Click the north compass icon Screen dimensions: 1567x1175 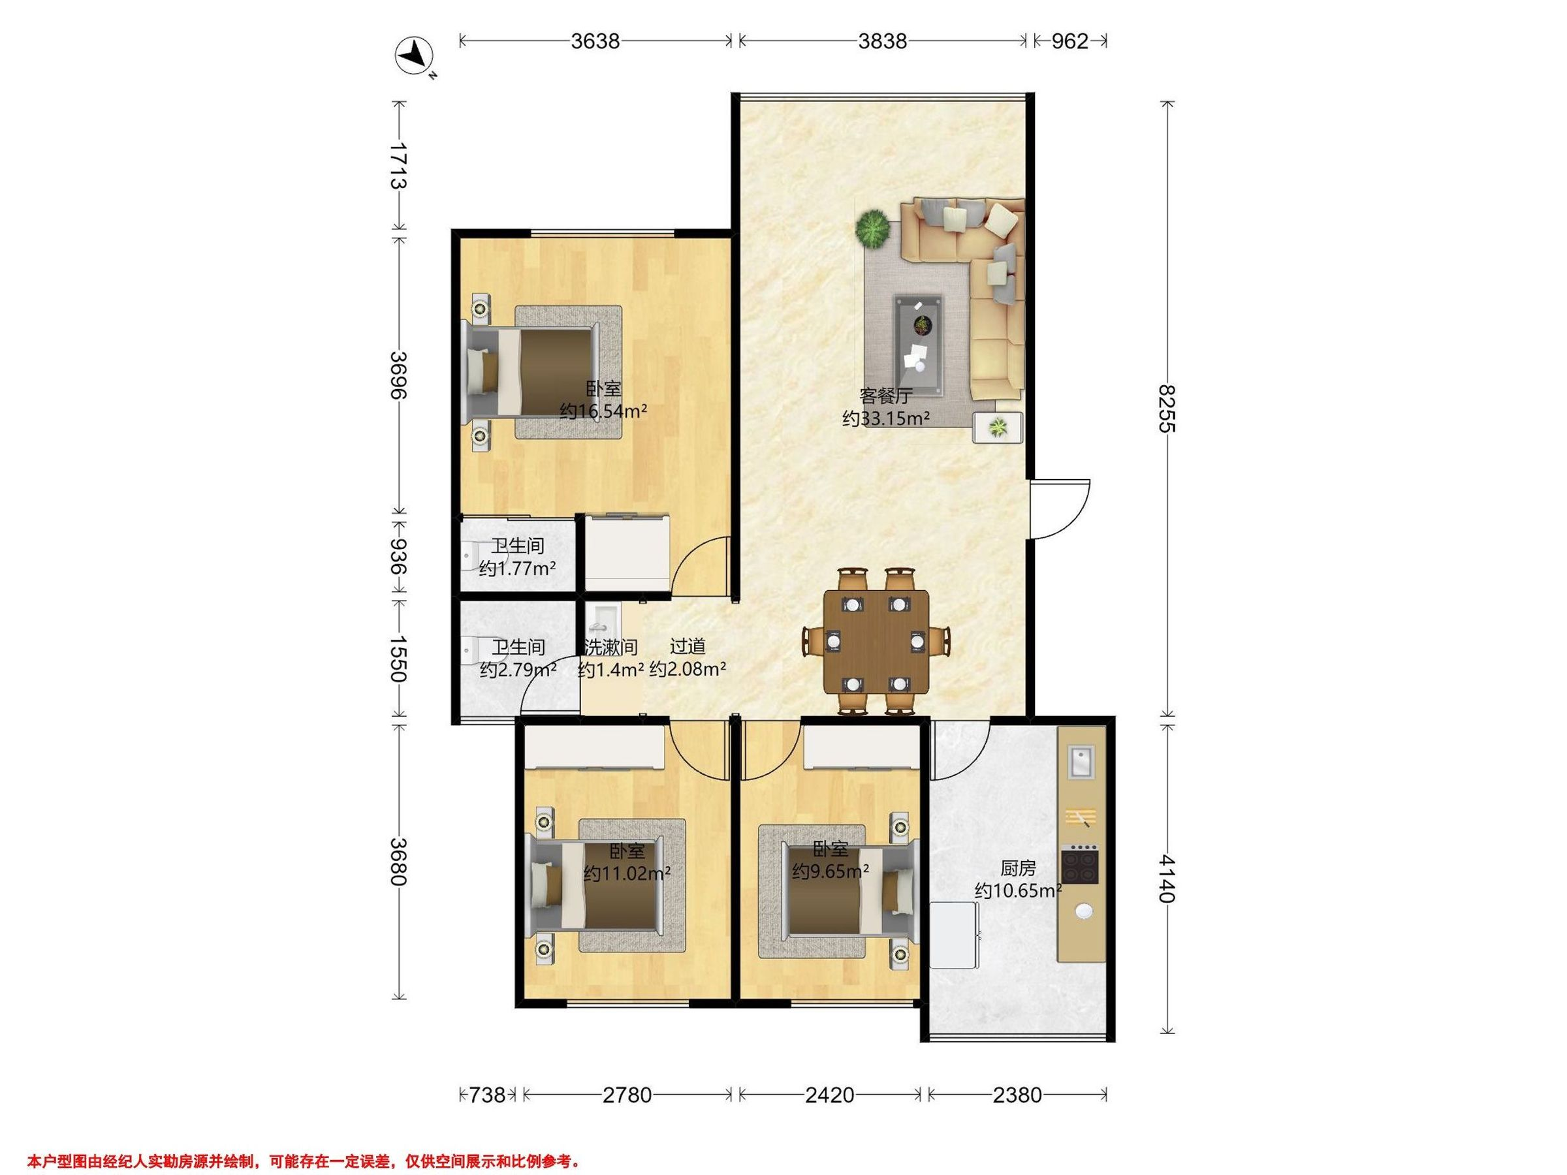[x=415, y=56]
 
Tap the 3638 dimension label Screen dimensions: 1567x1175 [x=595, y=41]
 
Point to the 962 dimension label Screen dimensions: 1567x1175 [x=1069, y=41]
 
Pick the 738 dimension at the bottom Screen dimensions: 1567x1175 [x=487, y=1095]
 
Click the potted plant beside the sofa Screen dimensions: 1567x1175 [x=873, y=228]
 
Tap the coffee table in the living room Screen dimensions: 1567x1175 [x=919, y=345]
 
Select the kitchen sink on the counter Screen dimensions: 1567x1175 [x=1081, y=762]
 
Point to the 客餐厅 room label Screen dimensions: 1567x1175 [x=885, y=395]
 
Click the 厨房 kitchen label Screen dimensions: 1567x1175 [x=1018, y=868]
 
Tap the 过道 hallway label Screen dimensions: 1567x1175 [x=688, y=646]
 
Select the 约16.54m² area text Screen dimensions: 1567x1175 [x=603, y=411]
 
